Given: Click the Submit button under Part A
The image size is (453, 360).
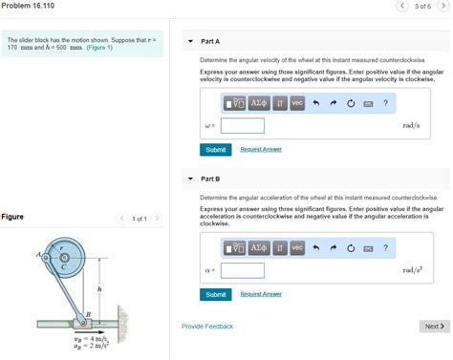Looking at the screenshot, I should [216, 150].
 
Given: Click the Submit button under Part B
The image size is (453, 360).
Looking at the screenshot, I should [216, 294].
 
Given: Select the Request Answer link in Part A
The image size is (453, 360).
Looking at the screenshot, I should [260, 150].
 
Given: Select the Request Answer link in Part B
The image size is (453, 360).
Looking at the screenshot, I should [260, 294].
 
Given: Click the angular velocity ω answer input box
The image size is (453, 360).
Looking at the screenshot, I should [243, 125].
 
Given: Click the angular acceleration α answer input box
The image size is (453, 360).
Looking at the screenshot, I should [243, 270].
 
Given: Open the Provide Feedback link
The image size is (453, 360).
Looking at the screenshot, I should [207, 327].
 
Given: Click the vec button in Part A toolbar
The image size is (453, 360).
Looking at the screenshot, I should [297, 103].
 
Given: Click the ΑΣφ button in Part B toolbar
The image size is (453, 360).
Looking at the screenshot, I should [259, 248].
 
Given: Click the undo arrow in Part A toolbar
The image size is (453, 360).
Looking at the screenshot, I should [315, 103].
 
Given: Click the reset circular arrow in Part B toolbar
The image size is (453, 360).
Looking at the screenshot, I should [352, 248].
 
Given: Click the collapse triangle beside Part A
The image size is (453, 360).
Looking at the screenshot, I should [190, 42].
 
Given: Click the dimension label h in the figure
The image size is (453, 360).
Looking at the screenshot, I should [99, 287].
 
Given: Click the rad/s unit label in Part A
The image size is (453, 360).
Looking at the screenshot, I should [411, 125].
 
